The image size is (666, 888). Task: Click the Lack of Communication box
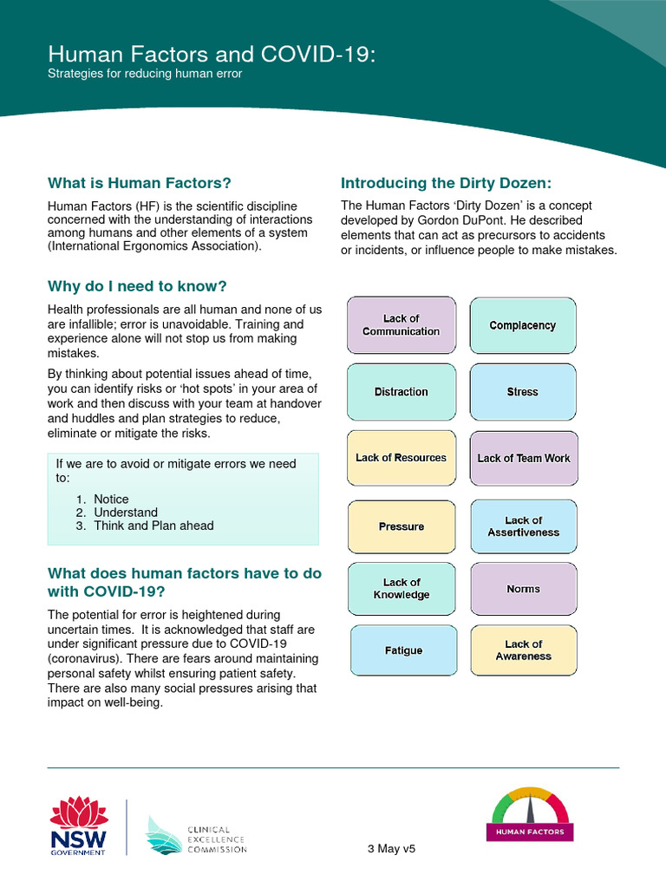[401, 325]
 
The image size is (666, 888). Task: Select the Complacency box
[522, 325]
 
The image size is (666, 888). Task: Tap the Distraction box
[401, 392]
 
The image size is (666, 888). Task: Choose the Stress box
[522, 392]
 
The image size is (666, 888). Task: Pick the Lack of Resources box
[401, 458]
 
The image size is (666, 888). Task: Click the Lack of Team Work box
[524, 458]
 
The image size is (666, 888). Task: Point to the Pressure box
[401, 526]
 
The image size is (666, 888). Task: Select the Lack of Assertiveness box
[523, 526]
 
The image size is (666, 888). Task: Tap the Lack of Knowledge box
[401, 589]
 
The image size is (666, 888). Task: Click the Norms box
[523, 589]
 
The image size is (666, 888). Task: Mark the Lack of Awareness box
[523, 650]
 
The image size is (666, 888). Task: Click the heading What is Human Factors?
[140, 183]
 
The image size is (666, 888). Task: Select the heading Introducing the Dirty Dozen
[446, 183]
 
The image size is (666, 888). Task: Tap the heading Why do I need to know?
[137, 286]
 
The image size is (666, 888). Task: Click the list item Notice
[111, 499]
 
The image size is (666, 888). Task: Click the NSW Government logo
[78, 826]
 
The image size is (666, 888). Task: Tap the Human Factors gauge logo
[529, 814]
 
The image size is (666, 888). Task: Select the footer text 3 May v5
[391, 849]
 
